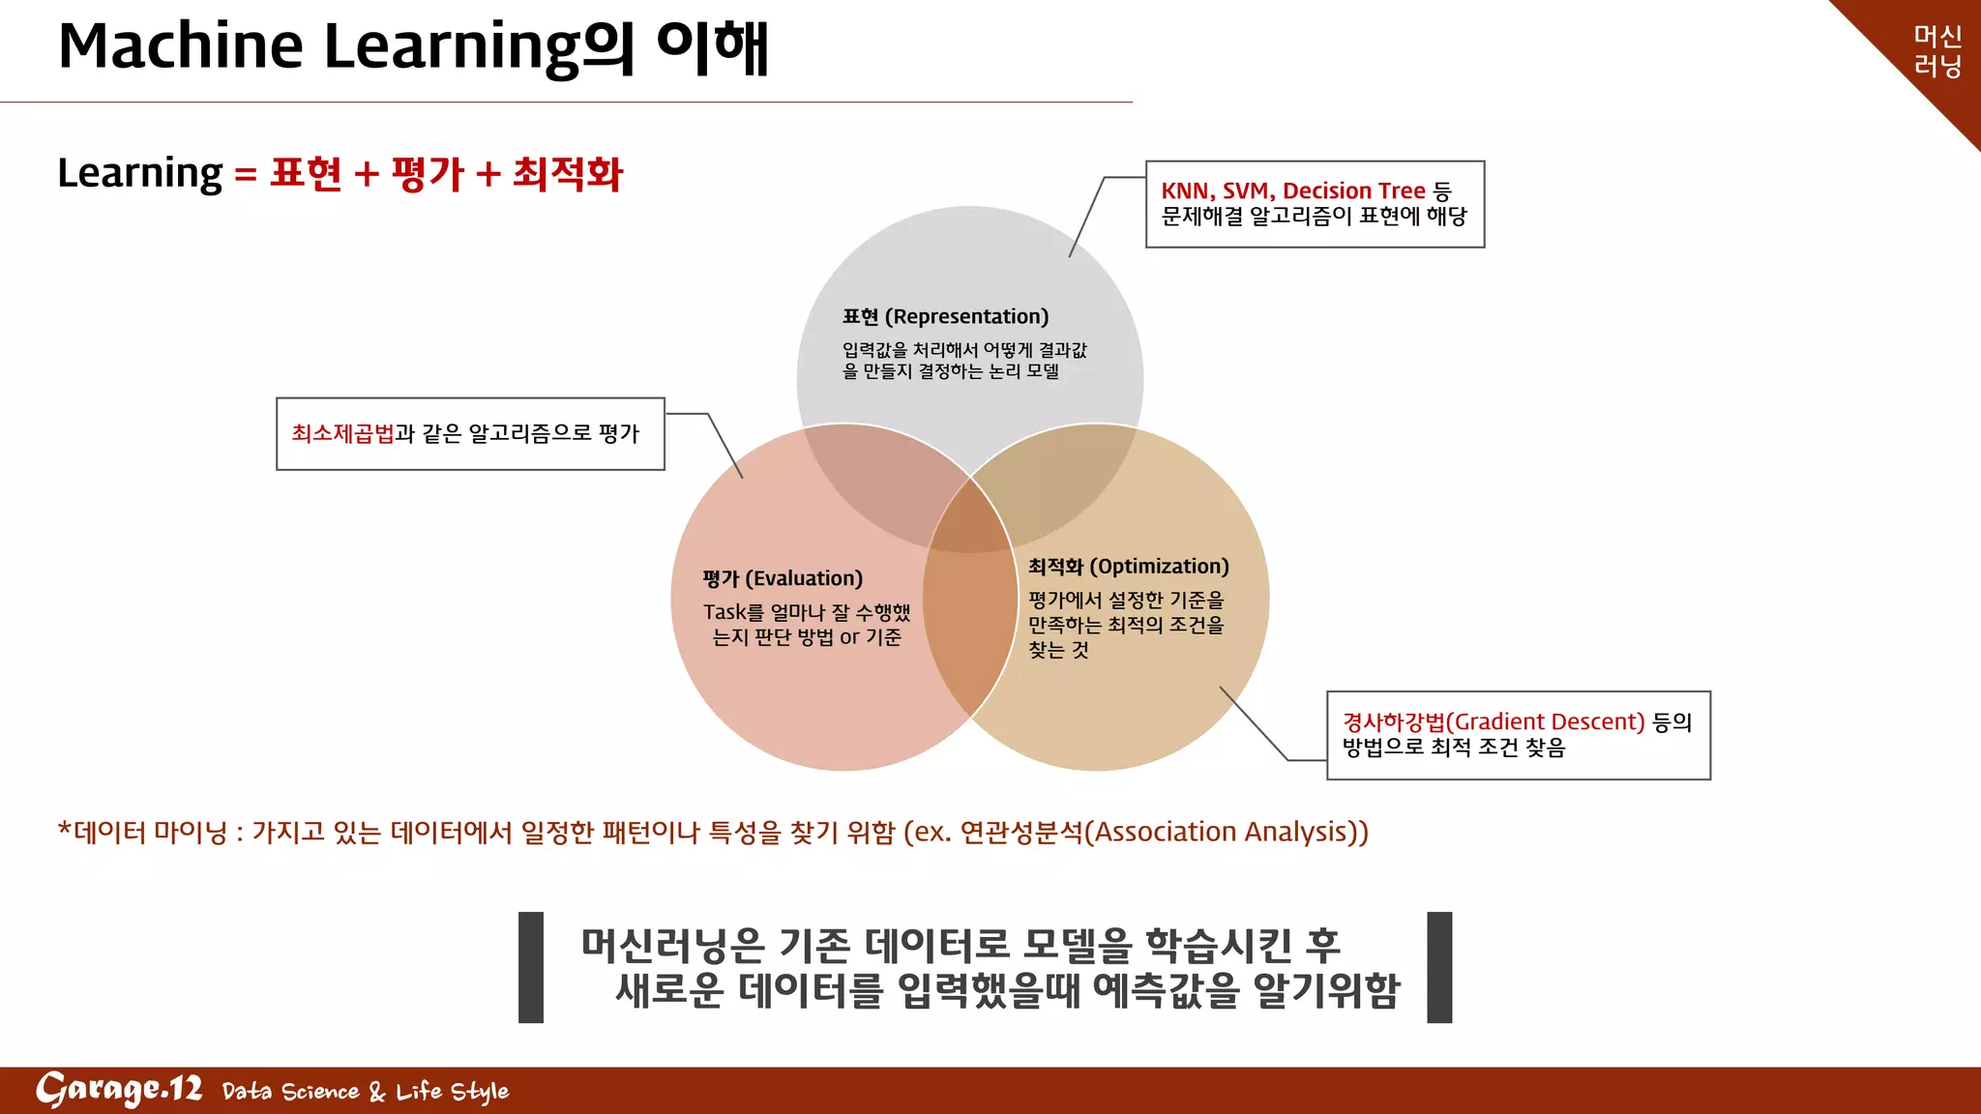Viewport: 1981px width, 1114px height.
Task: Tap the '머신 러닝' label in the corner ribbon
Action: pos(1937,50)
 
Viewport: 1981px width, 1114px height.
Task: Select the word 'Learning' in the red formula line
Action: pos(140,173)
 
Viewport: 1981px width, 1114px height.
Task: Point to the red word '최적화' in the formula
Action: pos(568,174)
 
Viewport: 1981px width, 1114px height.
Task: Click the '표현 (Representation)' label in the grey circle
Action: pos(945,316)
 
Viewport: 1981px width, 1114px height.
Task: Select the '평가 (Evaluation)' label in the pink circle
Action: pos(783,578)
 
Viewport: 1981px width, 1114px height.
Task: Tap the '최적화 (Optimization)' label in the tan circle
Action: pos(1128,567)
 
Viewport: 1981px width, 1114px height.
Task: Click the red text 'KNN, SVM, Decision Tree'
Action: pos(1292,191)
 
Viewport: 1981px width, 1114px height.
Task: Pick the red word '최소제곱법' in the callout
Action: pos(342,433)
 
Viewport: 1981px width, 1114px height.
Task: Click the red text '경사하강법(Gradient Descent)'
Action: pos(1493,721)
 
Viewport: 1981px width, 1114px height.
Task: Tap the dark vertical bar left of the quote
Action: pos(531,967)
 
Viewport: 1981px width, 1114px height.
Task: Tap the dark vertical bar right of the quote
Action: pos(1439,967)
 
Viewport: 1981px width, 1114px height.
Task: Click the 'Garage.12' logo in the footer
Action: pos(119,1090)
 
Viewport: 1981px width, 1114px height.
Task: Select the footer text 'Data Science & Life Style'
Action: pos(365,1092)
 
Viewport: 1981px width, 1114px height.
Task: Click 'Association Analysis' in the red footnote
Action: pos(1222,832)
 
